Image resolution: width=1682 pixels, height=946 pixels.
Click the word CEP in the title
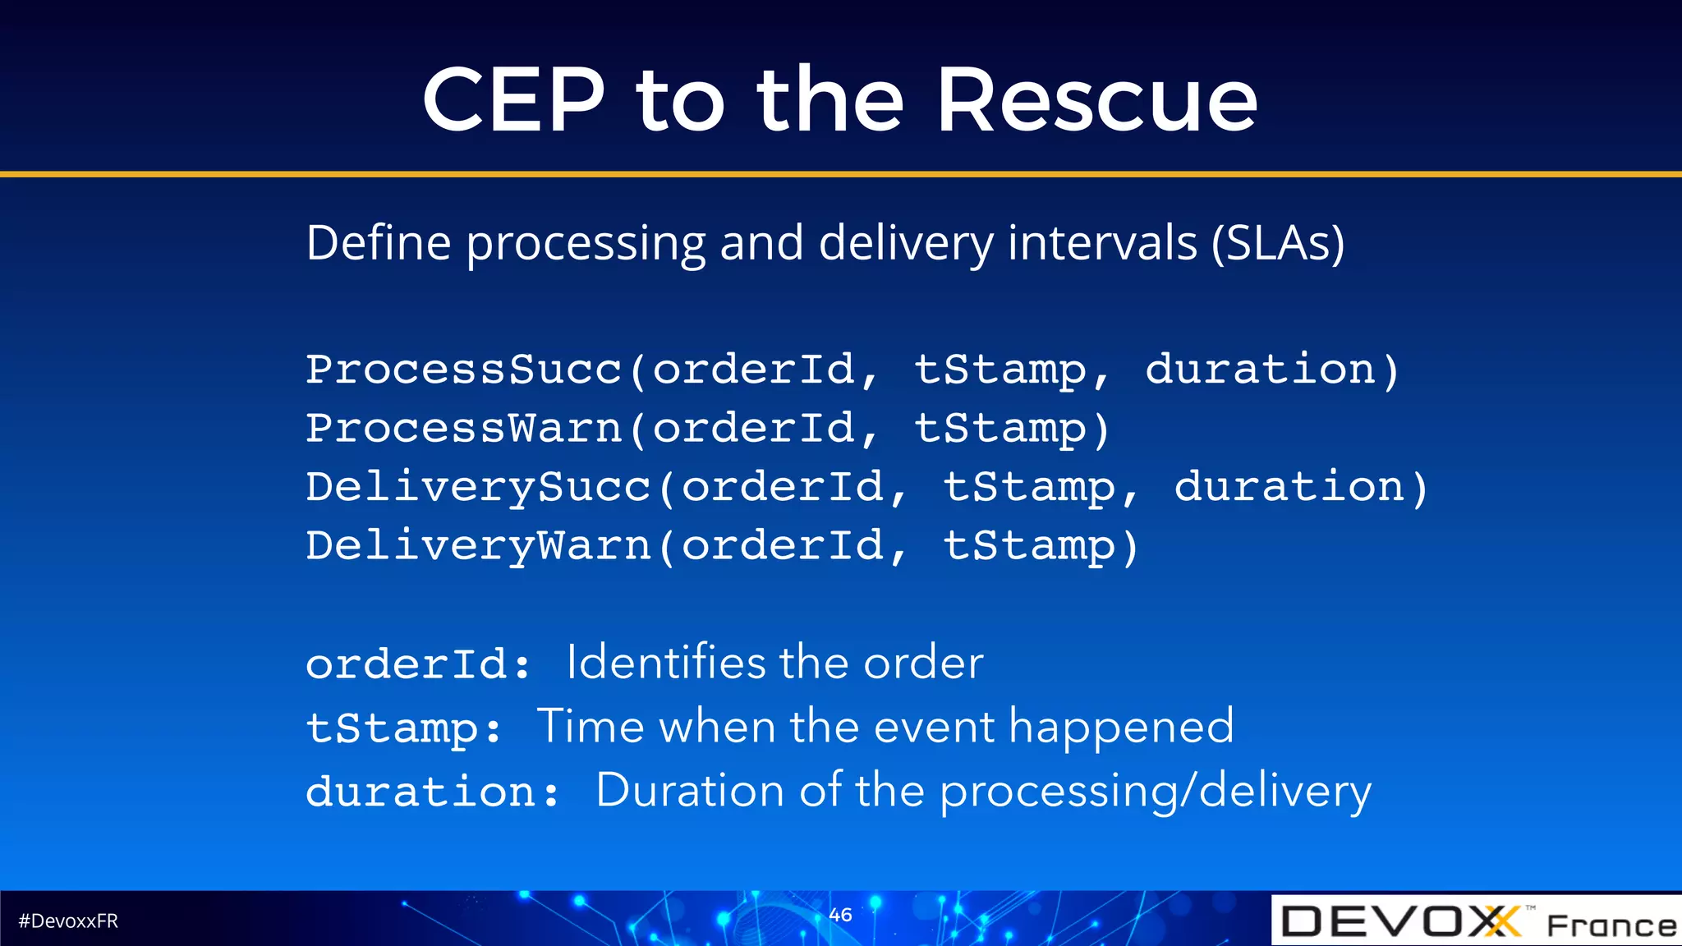(514, 100)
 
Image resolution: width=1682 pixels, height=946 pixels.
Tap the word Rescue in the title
(1096, 100)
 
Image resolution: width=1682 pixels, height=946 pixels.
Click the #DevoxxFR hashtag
(68, 921)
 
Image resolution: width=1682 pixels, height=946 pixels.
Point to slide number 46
(840, 914)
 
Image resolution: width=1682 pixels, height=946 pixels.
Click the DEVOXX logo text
(1400, 921)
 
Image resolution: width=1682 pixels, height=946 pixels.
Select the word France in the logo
(1611, 925)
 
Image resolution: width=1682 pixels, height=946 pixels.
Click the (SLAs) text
(1278, 243)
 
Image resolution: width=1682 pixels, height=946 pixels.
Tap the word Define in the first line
(379, 243)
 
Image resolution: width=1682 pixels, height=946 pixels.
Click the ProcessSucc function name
(464, 370)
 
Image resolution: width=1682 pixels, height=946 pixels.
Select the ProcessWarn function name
(464, 428)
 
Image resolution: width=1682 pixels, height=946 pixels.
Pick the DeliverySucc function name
(479, 487)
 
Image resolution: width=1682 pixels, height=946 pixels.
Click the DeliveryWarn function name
(479, 546)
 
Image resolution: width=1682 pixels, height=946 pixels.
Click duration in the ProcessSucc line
(1261, 370)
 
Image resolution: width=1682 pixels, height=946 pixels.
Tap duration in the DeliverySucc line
(1289, 487)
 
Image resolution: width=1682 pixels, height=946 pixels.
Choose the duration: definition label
(433, 792)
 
